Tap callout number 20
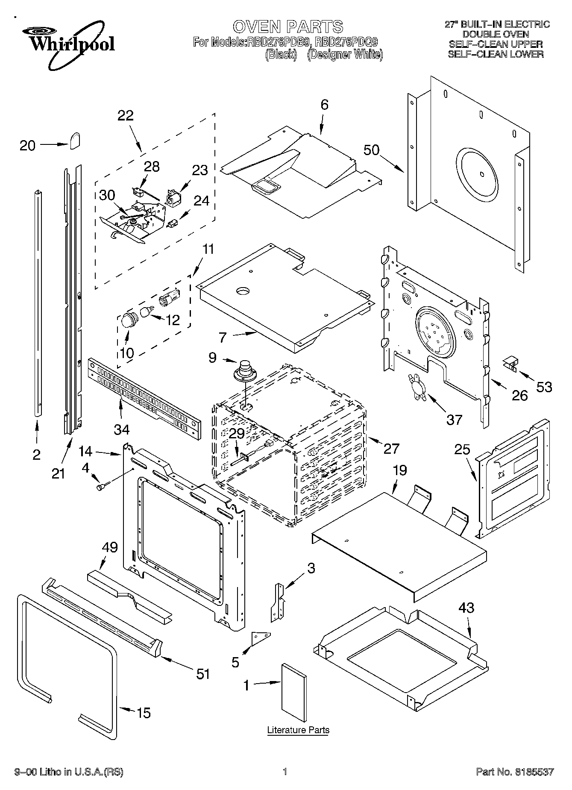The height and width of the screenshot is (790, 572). pyautogui.click(x=28, y=146)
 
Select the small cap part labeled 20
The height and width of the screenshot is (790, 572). pyautogui.click(x=76, y=140)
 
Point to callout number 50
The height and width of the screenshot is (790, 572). pyautogui.click(x=371, y=150)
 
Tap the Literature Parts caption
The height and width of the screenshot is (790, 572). pyautogui.click(x=298, y=730)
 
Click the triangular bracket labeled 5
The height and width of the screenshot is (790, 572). pyautogui.click(x=260, y=639)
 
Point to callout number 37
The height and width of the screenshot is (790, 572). pyautogui.click(x=454, y=419)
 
